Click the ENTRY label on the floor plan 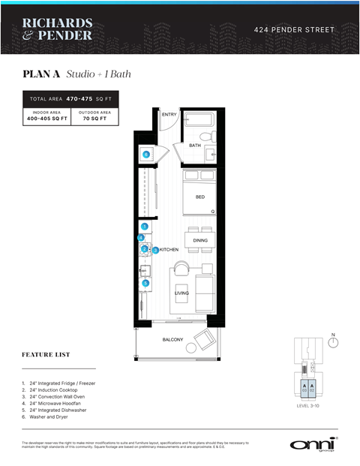(169, 115)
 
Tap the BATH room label (194, 146)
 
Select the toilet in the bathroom (212, 137)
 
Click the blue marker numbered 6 (146, 155)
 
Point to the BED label (199, 197)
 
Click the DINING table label (200, 240)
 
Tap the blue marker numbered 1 (145, 226)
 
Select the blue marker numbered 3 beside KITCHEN (155, 250)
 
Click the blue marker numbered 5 (145, 283)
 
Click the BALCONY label (173, 340)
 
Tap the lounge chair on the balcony (203, 340)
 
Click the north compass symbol (334, 344)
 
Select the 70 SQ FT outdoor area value (95, 119)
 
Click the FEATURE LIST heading (46, 354)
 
